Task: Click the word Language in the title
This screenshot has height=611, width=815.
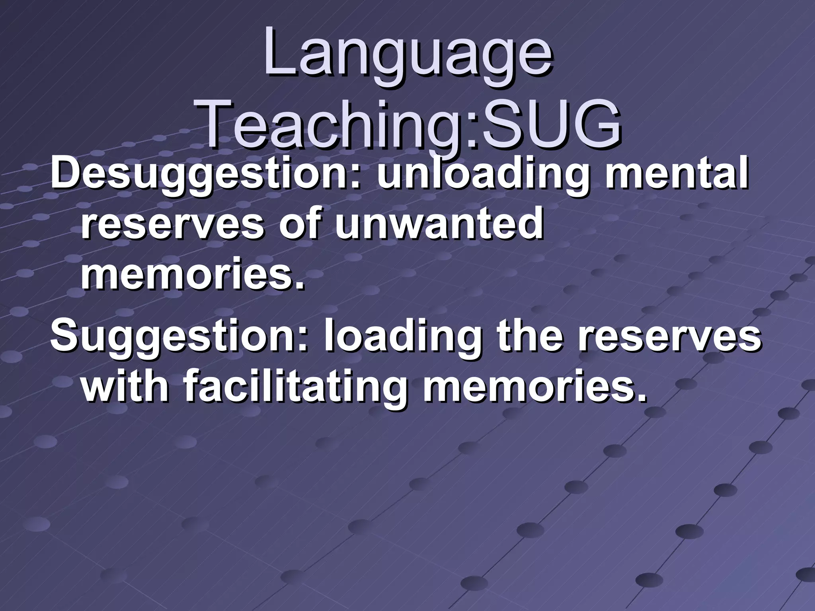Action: click(x=407, y=54)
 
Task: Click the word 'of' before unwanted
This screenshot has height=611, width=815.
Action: click(x=299, y=225)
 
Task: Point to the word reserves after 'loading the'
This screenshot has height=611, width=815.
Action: click(x=669, y=336)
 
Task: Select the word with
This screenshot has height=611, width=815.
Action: click(x=125, y=386)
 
